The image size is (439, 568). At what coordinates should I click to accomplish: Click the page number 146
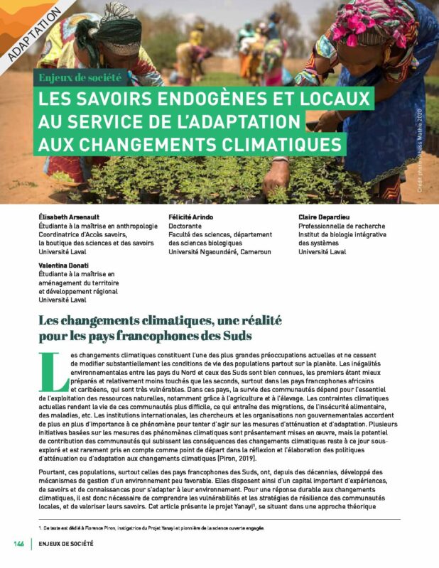tap(19, 544)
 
